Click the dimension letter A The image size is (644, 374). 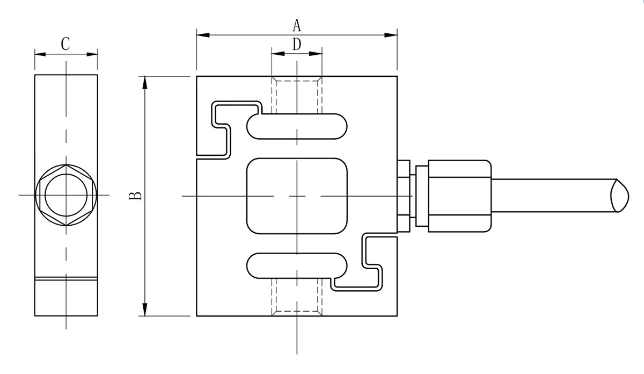(x=297, y=25)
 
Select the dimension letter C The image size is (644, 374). (x=65, y=44)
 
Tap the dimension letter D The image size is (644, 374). (x=297, y=44)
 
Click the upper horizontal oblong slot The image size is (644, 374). (x=297, y=125)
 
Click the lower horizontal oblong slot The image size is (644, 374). (x=297, y=266)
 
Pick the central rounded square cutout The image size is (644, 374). (x=297, y=196)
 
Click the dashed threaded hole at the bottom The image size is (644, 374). (x=297, y=296)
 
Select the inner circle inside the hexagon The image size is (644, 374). (x=66, y=194)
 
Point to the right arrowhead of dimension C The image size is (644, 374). (x=94, y=53)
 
